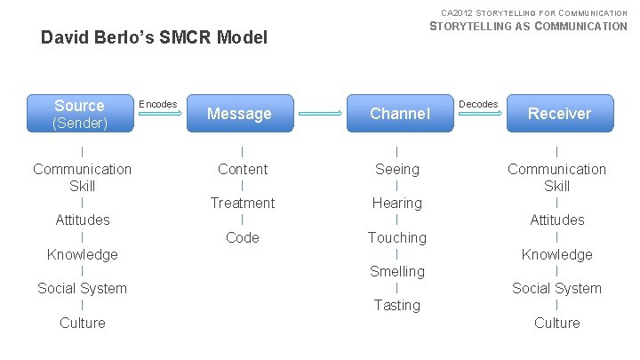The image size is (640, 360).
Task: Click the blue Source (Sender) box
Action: click(79, 114)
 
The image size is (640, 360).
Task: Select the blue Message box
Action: click(239, 114)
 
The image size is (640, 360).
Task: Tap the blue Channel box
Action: click(399, 114)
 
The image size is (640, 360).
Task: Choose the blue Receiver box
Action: click(559, 114)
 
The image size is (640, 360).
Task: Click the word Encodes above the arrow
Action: click(159, 104)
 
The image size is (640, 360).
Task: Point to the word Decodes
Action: click(478, 104)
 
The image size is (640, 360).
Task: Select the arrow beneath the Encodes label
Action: click(159, 115)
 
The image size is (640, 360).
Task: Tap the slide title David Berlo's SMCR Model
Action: click(155, 38)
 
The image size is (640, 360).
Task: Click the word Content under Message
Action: click(243, 169)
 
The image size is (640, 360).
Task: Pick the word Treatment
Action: click(243, 203)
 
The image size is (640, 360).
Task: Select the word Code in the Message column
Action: click(243, 237)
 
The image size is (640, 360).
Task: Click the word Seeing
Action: click(397, 169)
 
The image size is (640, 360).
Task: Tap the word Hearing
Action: click(397, 203)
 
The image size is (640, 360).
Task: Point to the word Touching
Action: click(397, 237)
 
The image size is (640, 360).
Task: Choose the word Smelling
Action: click(397, 271)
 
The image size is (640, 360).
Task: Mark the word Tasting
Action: click(397, 305)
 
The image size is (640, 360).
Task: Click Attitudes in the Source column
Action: click(83, 220)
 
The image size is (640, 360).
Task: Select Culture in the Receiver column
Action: click(557, 323)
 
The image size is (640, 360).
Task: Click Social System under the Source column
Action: click(83, 288)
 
